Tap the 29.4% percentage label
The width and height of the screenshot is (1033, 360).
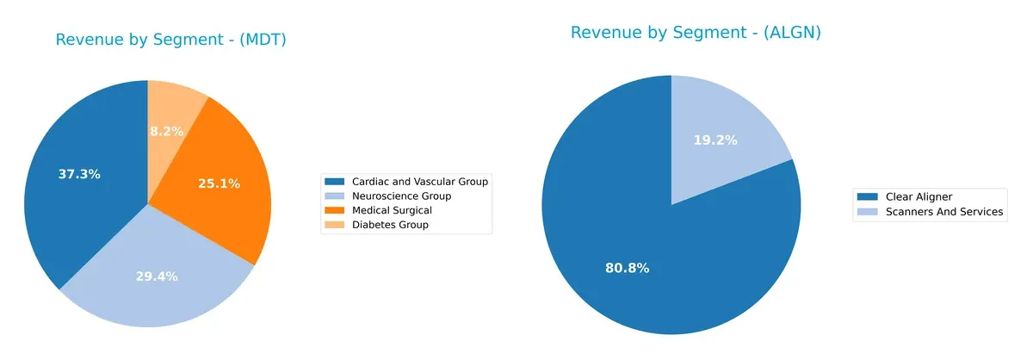coord(157,276)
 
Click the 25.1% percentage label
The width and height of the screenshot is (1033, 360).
coord(219,183)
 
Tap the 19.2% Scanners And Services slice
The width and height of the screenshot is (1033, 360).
coord(723,146)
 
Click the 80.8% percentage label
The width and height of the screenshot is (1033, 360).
coord(628,268)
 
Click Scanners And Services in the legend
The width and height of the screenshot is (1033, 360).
coord(944,212)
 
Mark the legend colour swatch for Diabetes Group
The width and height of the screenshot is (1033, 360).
coord(333,225)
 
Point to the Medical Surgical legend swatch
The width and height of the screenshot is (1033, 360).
coord(333,210)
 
